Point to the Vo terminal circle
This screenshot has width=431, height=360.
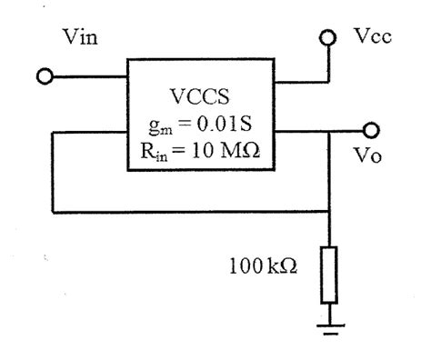click(369, 130)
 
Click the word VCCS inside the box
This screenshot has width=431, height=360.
click(201, 95)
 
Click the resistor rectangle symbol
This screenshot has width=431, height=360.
click(329, 273)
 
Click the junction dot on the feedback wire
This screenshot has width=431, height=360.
click(329, 215)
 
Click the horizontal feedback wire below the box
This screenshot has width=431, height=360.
click(182, 215)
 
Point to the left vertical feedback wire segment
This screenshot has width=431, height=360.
click(53, 173)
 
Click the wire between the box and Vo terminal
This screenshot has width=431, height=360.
click(318, 131)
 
